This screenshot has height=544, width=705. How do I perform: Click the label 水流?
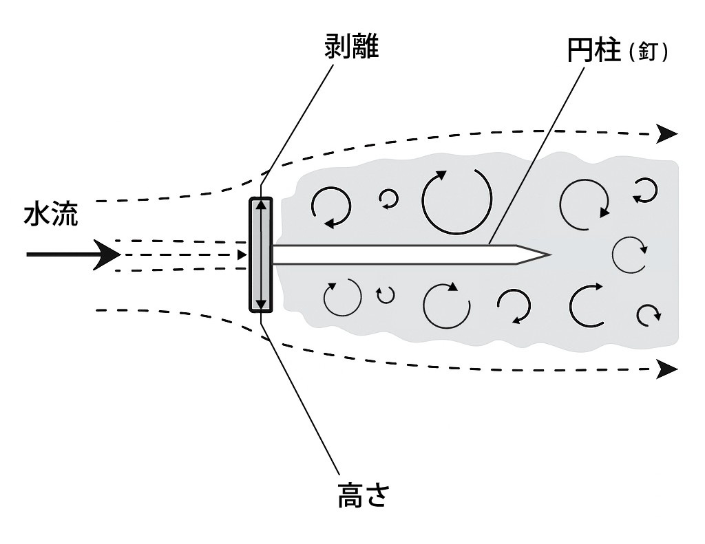click(51, 215)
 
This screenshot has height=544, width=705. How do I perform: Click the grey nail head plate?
click(261, 254)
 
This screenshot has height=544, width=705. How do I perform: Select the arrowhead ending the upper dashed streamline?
click(667, 133)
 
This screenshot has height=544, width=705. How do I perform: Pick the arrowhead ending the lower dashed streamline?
click(667, 369)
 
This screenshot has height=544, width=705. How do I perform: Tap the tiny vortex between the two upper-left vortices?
click(389, 199)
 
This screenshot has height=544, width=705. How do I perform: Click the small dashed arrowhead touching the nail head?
click(242, 255)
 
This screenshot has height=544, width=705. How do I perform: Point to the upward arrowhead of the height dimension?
click(261, 205)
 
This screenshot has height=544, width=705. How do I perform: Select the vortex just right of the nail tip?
click(629, 254)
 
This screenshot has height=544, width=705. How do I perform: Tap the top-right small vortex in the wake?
click(645, 189)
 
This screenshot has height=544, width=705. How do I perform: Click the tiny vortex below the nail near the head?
click(386, 295)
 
